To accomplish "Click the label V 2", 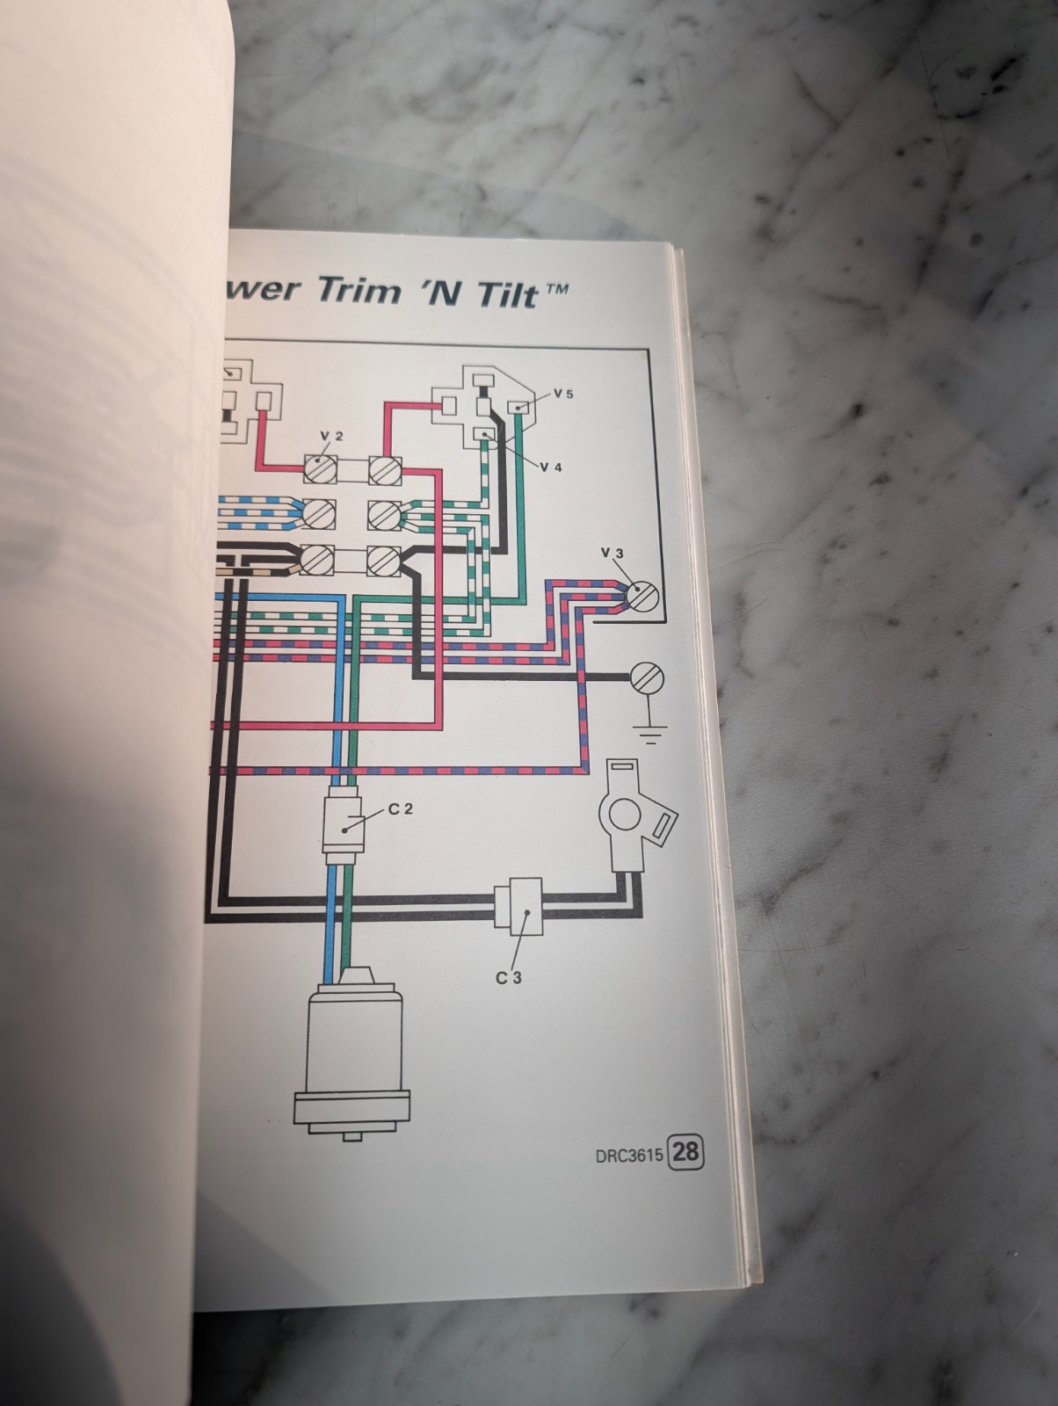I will [331, 436].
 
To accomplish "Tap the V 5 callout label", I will [563, 394].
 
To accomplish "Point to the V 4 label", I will [551, 467].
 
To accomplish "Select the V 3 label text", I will [612, 552].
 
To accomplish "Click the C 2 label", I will [401, 809].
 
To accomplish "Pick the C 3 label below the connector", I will [508, 977].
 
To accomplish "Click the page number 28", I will [686, 1152].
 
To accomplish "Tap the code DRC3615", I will [629, 1154].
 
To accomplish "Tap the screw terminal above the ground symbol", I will [648, 678].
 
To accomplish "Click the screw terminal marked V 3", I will [642, 597].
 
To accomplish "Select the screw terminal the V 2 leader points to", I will [319, 469].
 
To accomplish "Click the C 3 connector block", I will [518, 906].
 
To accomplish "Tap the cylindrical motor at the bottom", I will [352, 1054].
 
